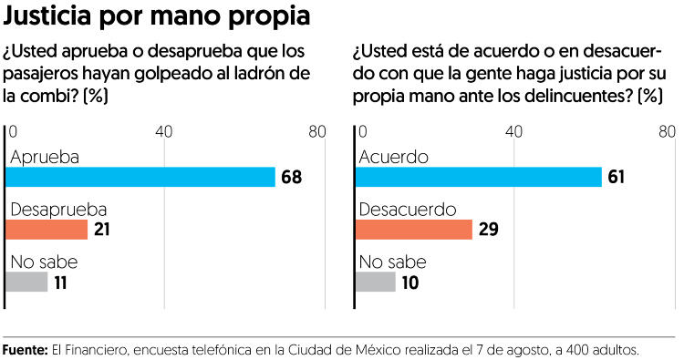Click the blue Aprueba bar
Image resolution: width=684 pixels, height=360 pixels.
[140, 177]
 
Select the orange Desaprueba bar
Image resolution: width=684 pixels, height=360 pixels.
[47, 230]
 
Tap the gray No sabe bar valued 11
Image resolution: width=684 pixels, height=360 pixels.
[26, 282]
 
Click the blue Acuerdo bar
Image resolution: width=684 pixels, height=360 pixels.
[479, 177]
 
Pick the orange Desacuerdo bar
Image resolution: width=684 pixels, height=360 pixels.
[414, 230]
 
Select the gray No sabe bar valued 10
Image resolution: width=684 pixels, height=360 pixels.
[376, 282]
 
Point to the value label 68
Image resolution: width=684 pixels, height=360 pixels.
[292, 178]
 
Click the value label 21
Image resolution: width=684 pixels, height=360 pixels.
[101, 230]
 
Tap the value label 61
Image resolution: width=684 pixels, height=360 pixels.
[617, 177]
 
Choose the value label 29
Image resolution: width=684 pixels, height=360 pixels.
[489, 230]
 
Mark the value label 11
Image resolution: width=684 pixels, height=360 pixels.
[60, 283]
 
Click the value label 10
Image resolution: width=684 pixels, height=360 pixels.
[410, 283]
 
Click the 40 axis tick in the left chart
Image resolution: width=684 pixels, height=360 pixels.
[164, 131]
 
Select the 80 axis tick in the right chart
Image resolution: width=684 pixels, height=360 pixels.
[667, 131]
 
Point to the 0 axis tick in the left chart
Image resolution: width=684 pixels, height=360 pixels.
[13, 131]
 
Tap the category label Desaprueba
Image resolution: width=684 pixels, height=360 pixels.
[58, 210]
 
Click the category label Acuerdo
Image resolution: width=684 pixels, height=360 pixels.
[393, 157]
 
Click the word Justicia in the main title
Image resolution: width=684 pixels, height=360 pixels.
[47, 15]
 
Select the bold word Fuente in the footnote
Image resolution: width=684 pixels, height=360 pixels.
[25, 350]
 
